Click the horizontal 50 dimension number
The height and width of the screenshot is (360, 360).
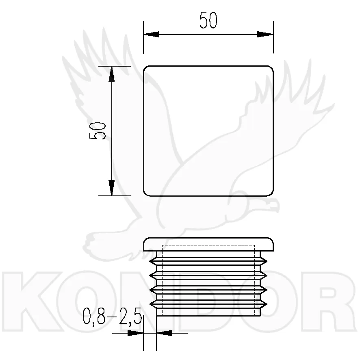point(208,20)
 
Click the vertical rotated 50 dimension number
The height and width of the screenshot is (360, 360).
point(98,131)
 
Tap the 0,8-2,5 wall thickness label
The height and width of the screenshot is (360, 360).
point(112,316)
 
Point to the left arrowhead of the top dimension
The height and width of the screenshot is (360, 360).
point(151,35)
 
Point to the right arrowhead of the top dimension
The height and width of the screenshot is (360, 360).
point(265,35)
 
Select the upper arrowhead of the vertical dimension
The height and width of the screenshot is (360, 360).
point(112,74)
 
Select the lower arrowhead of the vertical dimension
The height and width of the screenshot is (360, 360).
point(112,188)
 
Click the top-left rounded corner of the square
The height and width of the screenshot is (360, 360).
point(146,68)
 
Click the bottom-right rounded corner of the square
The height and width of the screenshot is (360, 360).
point(271,193)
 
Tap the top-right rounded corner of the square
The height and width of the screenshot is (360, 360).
point(271,68)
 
